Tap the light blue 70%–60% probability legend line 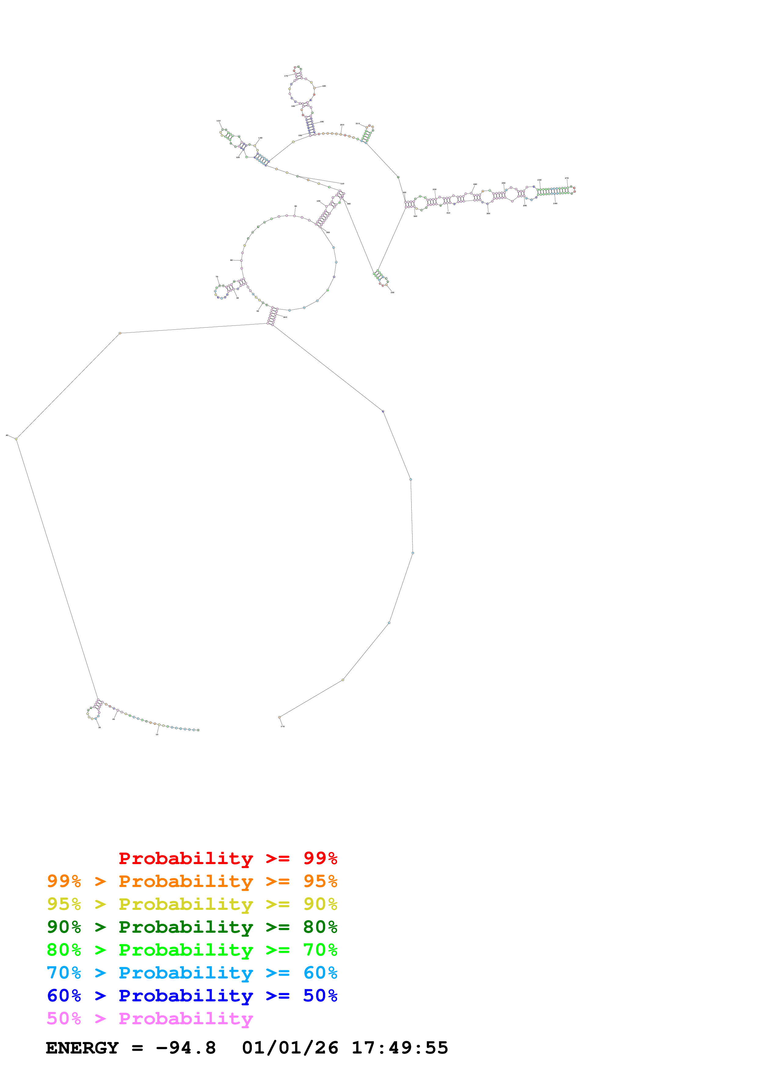click(x=192, y=973)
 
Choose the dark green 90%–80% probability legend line click(x=192, y=927)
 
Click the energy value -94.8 click(x=186, y=1048)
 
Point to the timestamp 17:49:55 click(x=400, y=1048)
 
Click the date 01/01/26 click(x=290, y=1048)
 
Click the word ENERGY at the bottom click(x=82, y=1048)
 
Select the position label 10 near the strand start click(x=157, y=734)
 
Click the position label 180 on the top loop click(x=324, y=86)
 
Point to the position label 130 click(x=218, y=121)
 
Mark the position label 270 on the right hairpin click(x=567, y=178)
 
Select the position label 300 click(x=488, y=214)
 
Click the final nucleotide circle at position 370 click(x=279, y=717)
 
